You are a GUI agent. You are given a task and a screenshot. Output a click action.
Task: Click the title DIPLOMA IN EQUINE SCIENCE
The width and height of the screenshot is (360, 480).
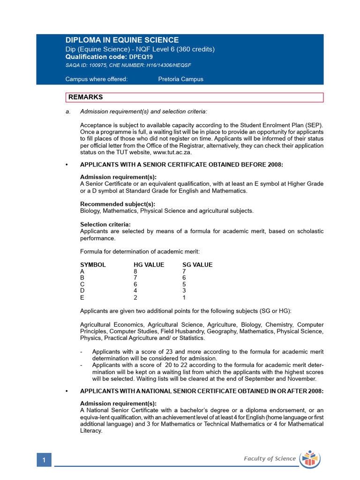pyautogui.click(x=122, y=40)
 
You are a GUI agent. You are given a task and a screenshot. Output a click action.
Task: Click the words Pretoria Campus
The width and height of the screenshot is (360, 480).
pyautogui.click(x=180, y=79)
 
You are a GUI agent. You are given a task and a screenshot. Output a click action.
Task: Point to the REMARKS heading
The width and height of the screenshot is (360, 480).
pyautogui.click(x=85, y=97)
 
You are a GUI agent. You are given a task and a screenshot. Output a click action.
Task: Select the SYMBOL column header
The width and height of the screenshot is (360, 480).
pyautogui.click(x=93, y=265)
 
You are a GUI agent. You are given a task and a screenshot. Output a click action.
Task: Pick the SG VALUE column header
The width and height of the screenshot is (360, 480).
pyautogui.click(x=197, y=265)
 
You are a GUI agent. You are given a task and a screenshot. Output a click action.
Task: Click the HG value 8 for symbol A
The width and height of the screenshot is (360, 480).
pyautogui.click(x=135, y=271)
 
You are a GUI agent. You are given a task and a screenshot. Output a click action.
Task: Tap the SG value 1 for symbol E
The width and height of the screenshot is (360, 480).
pyautogui.click(x=184, y=298)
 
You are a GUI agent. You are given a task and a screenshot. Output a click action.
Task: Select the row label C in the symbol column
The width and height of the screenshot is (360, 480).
pyautogui.click(x=82, y=285)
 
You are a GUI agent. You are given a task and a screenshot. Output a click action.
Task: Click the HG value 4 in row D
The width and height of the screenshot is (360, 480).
pyautogui.click(x=135, y=291)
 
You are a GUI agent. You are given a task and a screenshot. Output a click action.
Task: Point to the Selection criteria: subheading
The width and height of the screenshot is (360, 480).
pyautogui.click(x=105, y=225)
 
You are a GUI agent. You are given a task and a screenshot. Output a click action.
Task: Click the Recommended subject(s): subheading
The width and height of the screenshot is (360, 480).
pyautogui.click(x=118, y=204)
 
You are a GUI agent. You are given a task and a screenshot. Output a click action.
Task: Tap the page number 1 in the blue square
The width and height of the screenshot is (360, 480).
pyautogui.click(x=44, y=461)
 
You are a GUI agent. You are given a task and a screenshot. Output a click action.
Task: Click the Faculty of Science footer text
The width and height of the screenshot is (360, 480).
pyautogui.click(x=270, y=458)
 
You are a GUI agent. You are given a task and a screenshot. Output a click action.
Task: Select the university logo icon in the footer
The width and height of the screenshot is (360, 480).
pyautogui.click(x=309, y=458)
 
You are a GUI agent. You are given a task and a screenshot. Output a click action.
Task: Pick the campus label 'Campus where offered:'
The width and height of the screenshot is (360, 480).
pyautogui.click(x=96, y=79)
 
